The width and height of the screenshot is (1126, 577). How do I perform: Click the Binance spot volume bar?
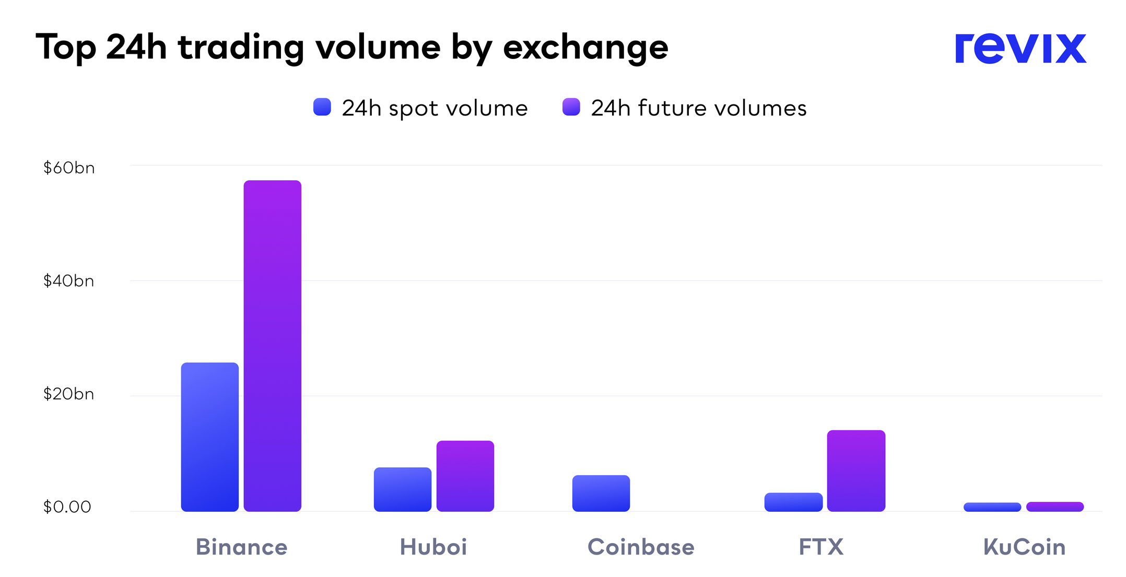click(x=209, y=437)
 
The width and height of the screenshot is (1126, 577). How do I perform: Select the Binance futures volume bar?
click(x=272, y=346)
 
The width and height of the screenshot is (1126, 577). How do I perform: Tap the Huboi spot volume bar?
click(x=402, y=489)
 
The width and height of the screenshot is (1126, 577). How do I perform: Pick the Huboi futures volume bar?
click(x=465, y=476)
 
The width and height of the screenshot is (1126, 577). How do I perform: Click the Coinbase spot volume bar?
click(x=601, y=493)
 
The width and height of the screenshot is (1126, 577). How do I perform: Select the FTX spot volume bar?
click(x=793, y=502)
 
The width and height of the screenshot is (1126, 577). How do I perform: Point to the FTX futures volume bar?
click(x=856, y=470)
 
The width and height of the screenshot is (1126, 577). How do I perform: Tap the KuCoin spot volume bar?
click(x=992, y=507)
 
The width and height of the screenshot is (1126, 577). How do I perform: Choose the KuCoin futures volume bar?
click(x=1054, y=507)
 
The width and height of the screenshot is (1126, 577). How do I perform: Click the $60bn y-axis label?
click(x=69, y=168)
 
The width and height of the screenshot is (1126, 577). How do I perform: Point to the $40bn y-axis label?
click(x=69, y=281)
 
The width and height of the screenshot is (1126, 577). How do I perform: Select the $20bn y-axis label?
click(x=69, y=394)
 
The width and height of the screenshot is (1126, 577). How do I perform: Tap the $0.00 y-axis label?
click(x=67, y=507)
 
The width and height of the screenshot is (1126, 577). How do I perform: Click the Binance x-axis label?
click(x=241, y=547)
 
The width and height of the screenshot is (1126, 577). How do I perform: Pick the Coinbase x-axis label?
click(x=641, y=547)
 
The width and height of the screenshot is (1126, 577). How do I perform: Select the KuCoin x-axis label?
click(x=1024, y=547)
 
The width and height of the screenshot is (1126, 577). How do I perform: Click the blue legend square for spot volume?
click(x=322, y=107)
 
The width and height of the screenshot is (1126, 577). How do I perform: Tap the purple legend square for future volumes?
click(x=571, y=107)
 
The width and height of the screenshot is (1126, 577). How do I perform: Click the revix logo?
click(x=1020, y=49)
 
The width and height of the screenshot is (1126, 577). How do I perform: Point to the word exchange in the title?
click(x=585, y=48)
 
